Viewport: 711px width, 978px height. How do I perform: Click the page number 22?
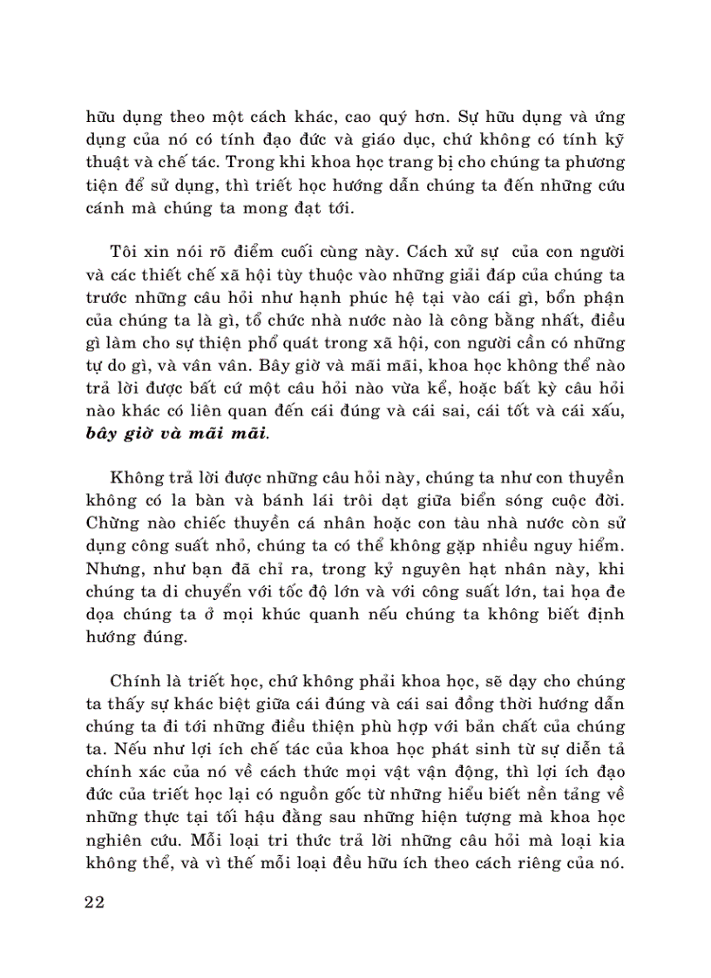coord(95,901)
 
